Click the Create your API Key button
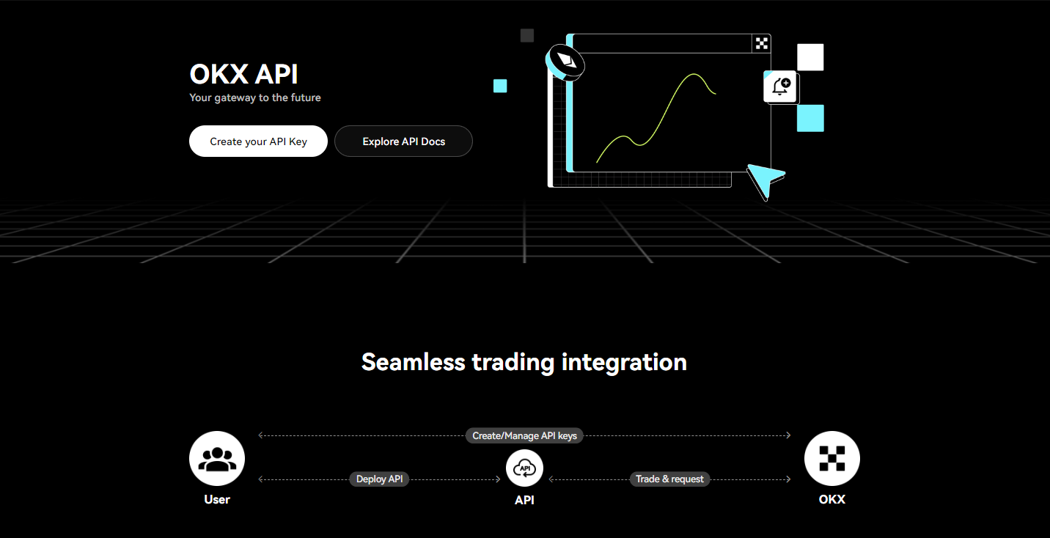[x=258, y=141]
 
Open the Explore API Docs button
[x=403, y=141]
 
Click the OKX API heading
[x=243, y=74]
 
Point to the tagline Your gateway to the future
[x=255, y=97]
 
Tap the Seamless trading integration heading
[x=524, y=362]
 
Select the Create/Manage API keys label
[x=524, y=435]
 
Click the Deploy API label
[x=379, y=479]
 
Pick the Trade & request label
[x=669, y=479]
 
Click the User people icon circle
[x=217, y=459]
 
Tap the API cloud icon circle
[x=524, y=468]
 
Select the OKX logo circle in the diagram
[x=832, y=459]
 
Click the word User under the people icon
[x=217, y=500]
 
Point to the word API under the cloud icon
[x=524, y=500]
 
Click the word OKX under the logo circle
[x=832, y=500]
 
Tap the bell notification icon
[x=780, y=87]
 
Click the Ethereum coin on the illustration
[x=566, y=62]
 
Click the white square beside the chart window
[x=810, y=57]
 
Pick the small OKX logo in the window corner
[x=762, y=43]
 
